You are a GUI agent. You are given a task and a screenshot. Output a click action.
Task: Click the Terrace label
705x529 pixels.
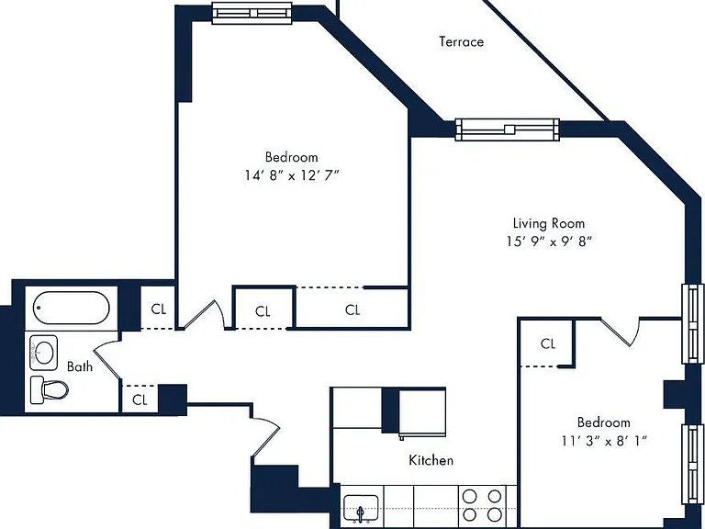tap(462, 42)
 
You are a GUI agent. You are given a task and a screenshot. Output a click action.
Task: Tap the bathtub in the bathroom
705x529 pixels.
tap(71, 308)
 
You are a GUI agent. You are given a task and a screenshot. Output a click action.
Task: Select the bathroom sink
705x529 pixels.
tap(44, 353)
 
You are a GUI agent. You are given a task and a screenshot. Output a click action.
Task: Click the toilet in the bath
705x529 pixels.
tap(49, 389)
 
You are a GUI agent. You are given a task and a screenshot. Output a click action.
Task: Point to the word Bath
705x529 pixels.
tap(80, 366)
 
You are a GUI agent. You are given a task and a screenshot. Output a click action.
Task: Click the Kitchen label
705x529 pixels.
tap(431, 460)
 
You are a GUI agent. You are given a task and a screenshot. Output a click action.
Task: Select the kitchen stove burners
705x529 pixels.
tap(483, 505)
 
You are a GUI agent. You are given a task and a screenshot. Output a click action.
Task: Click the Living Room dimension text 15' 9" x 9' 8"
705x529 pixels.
tap(549, 242)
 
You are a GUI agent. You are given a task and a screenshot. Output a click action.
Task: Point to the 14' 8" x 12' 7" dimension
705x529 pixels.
tap(291, 175)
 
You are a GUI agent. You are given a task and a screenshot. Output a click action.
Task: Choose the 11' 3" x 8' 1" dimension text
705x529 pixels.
tap(604, 441)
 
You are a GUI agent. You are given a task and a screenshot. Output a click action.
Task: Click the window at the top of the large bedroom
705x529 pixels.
tap(252, 13)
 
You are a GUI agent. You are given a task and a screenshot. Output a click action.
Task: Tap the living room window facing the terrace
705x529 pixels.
tap(507, 129)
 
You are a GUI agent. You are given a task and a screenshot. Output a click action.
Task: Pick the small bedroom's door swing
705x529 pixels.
tap(621, 332)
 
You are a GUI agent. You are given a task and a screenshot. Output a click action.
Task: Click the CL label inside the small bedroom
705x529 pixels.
tap(548, 344)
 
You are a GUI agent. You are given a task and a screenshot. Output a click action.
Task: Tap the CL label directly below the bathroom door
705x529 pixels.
tap(140, 400)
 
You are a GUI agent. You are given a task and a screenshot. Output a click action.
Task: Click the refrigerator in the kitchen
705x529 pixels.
tap(422, 412)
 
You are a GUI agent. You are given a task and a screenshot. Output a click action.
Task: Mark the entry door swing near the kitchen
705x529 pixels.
tap(266, 437)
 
